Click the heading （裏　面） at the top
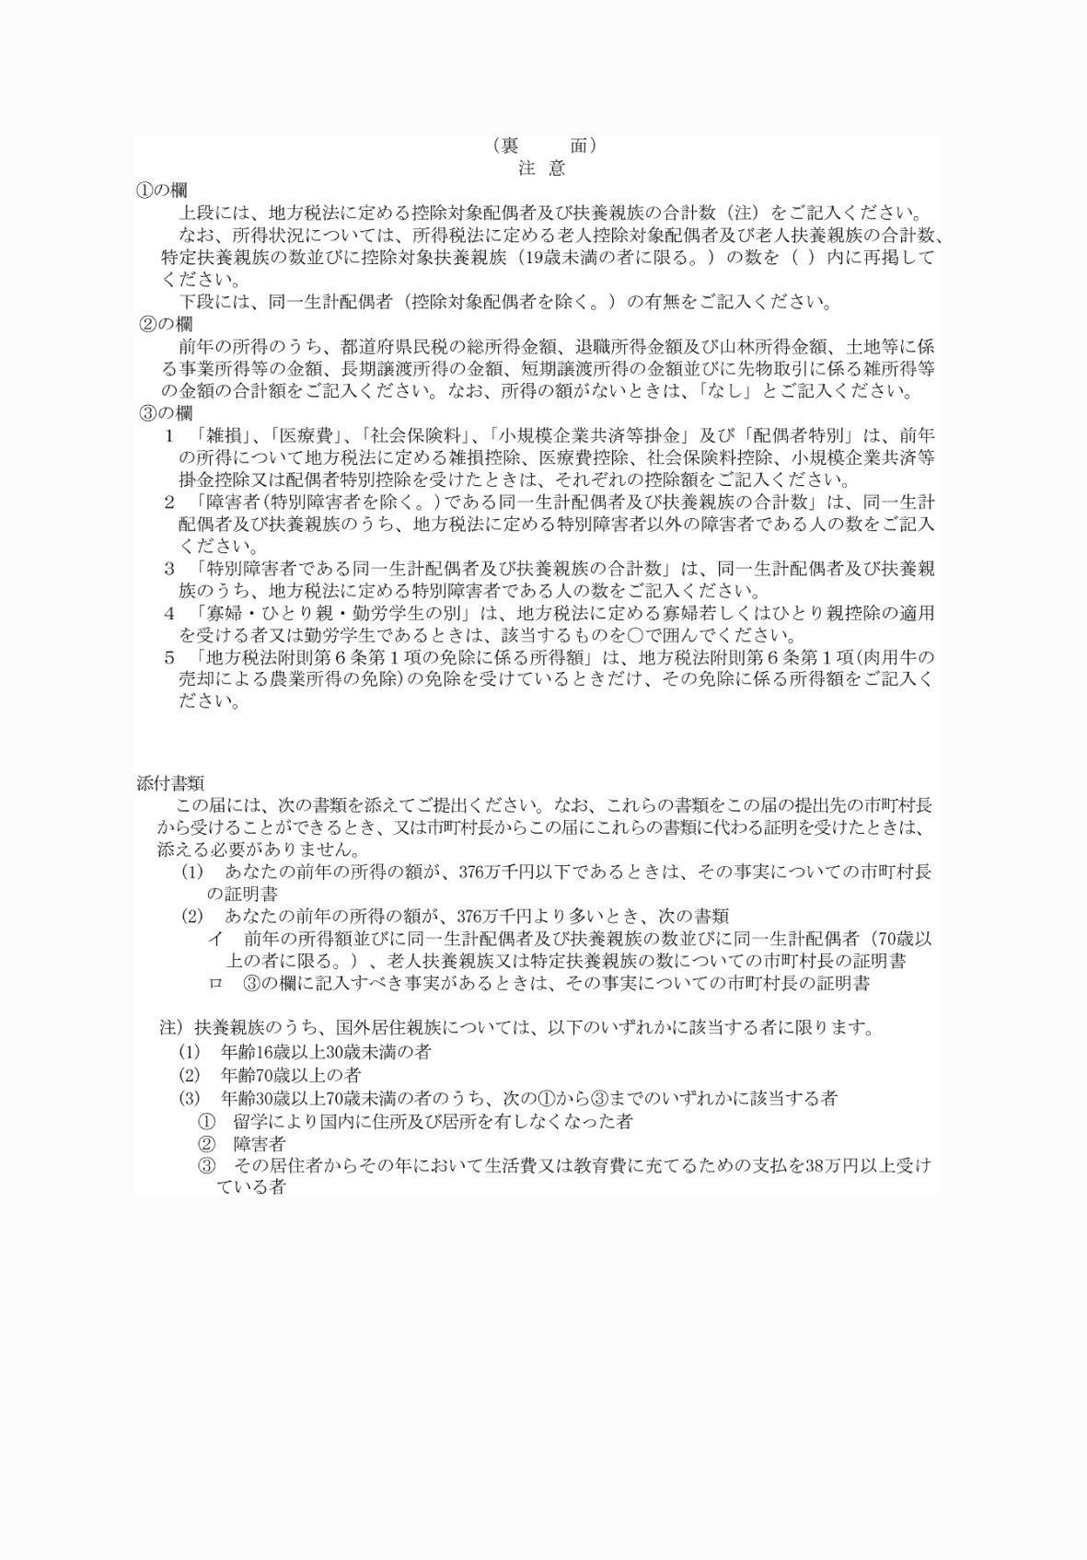[x=544, y=145]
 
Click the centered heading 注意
[x=542, y=168]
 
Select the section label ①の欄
[x=162, y=191]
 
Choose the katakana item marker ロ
[x=215, y=983]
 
